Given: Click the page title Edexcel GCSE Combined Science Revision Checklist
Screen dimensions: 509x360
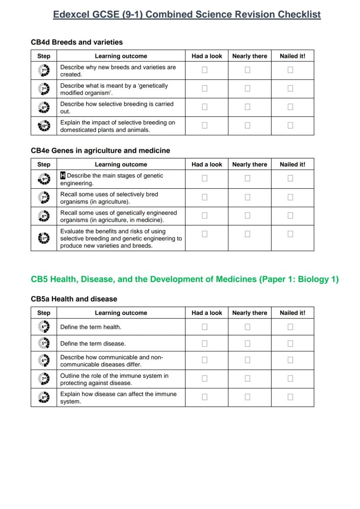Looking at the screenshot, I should click(x=187, y=15).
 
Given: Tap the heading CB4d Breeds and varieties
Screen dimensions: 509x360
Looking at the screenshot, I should click(x=77, y=42).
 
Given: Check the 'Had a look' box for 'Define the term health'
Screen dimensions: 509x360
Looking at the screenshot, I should click(x=205, y=327).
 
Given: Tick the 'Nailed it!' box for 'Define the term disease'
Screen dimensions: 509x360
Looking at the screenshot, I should click(x=290, y=343).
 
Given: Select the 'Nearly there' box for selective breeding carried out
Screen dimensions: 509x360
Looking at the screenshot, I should click(x=247, y=107).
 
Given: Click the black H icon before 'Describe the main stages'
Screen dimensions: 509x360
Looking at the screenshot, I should click(x=63, y=176).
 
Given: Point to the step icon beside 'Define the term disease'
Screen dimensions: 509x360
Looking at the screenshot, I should click(x=44, y=343).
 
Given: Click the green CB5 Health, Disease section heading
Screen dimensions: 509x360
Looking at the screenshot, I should click(x=184, y=279).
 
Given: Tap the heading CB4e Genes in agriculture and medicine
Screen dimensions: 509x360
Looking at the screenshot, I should click(x=100, y=150).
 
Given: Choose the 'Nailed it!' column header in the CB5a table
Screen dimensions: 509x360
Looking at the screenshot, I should click(x=293, y=313).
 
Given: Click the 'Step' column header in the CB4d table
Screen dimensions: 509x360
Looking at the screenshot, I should click(x=44, y=56).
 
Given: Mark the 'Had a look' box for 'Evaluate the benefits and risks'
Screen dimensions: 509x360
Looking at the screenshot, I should click(x=205, y=234).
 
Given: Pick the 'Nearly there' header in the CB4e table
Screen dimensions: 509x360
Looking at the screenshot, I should click(x=250, y=164).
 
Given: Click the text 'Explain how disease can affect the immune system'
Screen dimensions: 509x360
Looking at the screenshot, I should click(x=118, y=398).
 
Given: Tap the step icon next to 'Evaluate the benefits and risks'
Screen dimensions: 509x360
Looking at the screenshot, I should click(x=44, y=238).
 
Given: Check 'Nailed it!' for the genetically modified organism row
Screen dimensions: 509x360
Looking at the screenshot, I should click(x=290, y=88).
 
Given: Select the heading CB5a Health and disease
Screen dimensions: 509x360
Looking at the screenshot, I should click(x=74, y=299).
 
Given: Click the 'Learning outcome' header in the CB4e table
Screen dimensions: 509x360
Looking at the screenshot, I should click(x=121, y=164).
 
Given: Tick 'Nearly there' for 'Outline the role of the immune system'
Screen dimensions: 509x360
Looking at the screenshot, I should click(x=247, y=379).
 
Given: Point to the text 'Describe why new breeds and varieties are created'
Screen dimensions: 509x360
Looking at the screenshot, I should click(x=118, y=70).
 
